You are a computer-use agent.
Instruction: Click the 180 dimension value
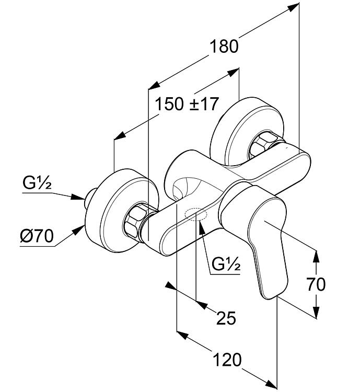point(224,47)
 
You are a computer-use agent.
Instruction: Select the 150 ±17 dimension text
point(187,104)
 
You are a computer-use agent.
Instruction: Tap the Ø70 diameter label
point(37,236)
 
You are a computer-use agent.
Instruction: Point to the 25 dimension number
point(226,318)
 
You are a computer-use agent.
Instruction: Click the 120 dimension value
point(227,360)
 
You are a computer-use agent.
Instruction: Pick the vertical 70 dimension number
point(316,284)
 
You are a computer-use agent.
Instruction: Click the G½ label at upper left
point(37,183)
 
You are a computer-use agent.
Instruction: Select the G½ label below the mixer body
point(226,264)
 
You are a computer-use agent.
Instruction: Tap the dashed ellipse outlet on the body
point(196,214)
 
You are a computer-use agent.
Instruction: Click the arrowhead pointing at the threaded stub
point(78,197)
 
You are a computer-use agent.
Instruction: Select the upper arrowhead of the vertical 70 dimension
point(316,257)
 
